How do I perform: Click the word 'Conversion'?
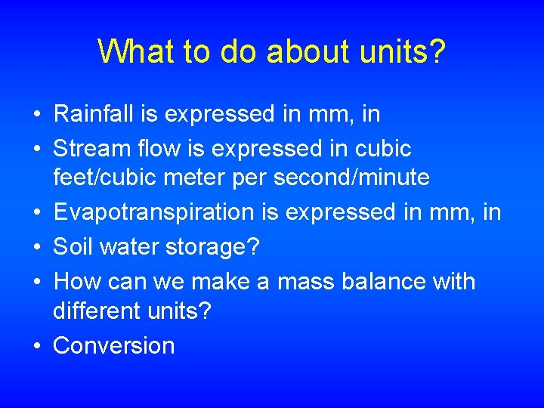point(114,345)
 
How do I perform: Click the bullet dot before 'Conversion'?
point(37,346)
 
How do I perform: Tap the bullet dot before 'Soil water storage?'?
point(37,247)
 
